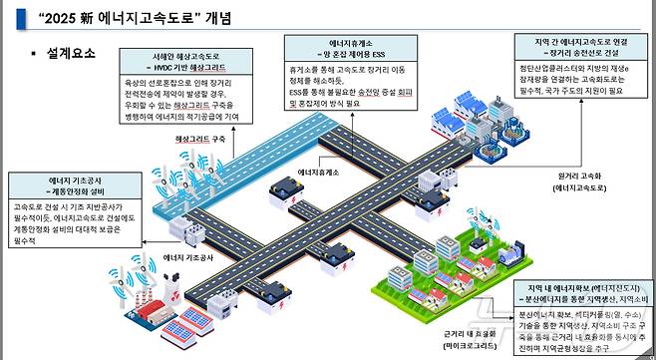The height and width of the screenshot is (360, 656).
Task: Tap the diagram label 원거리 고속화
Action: click(583, 174)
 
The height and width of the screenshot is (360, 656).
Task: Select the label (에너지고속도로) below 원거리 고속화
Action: click(583, 185)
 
